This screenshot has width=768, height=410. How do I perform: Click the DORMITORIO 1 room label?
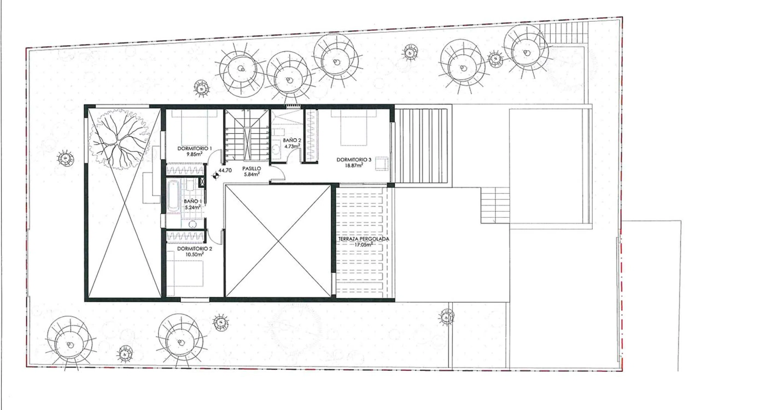tap(194, 148)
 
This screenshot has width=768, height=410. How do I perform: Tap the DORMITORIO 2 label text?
tap(194, 248)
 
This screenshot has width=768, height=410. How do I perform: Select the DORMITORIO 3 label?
tap(354, 160)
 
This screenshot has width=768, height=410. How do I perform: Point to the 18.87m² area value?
tap(354, 165)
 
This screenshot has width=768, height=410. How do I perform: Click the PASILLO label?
tap(251, 168)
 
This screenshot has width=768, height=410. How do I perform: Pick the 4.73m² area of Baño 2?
tap(292, 146)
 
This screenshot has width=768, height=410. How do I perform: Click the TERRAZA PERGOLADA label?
tap(363, 239)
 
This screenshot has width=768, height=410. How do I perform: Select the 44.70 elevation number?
tap(225, 171)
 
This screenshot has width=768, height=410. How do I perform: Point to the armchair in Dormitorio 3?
tap(382, 163)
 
